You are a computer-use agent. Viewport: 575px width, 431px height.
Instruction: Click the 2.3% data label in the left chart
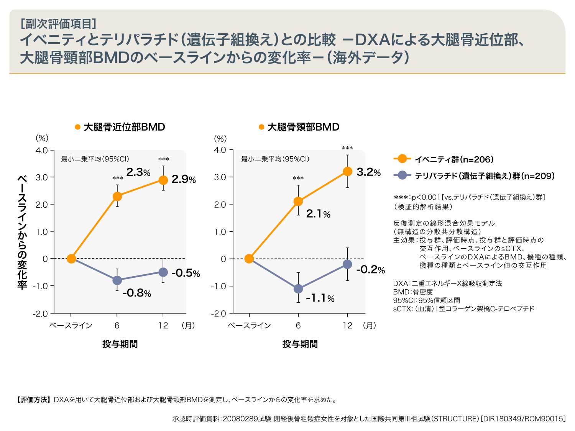click(138, 172)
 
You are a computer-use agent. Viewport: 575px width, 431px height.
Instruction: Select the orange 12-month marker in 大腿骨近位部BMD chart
click(163, 180)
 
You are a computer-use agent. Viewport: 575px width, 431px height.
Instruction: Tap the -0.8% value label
click(136, 293)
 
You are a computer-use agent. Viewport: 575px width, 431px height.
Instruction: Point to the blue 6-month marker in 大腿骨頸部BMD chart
click(298, 288)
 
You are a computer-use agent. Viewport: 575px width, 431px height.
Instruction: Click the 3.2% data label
click(368, 172)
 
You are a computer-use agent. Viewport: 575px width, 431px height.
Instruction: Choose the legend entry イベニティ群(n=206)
click(454, 159)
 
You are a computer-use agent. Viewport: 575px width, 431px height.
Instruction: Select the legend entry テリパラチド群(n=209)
click(485, 176)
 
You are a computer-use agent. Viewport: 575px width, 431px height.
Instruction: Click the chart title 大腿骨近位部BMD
click(124, 127)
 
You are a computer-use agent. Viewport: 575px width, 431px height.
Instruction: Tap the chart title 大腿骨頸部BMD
click(303, 127)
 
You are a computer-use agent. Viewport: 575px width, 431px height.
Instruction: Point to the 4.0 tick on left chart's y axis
click(42, 150)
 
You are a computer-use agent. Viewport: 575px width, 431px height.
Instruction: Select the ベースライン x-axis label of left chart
click(71, 325)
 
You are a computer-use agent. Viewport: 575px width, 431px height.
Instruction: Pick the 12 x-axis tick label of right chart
click(347, 325)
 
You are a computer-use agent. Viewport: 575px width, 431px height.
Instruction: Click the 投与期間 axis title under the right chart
click(300, 344)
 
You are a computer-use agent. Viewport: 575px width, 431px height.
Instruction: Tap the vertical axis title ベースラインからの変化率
click(22, 232)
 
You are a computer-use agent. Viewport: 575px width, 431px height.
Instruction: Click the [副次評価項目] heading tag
click(58, 24)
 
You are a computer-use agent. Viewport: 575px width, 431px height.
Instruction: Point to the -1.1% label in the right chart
click(320, 298)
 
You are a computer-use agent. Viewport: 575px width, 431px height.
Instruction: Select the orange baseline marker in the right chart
click(249, 259)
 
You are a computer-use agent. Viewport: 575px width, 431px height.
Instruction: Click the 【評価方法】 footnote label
click(33, 400)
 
